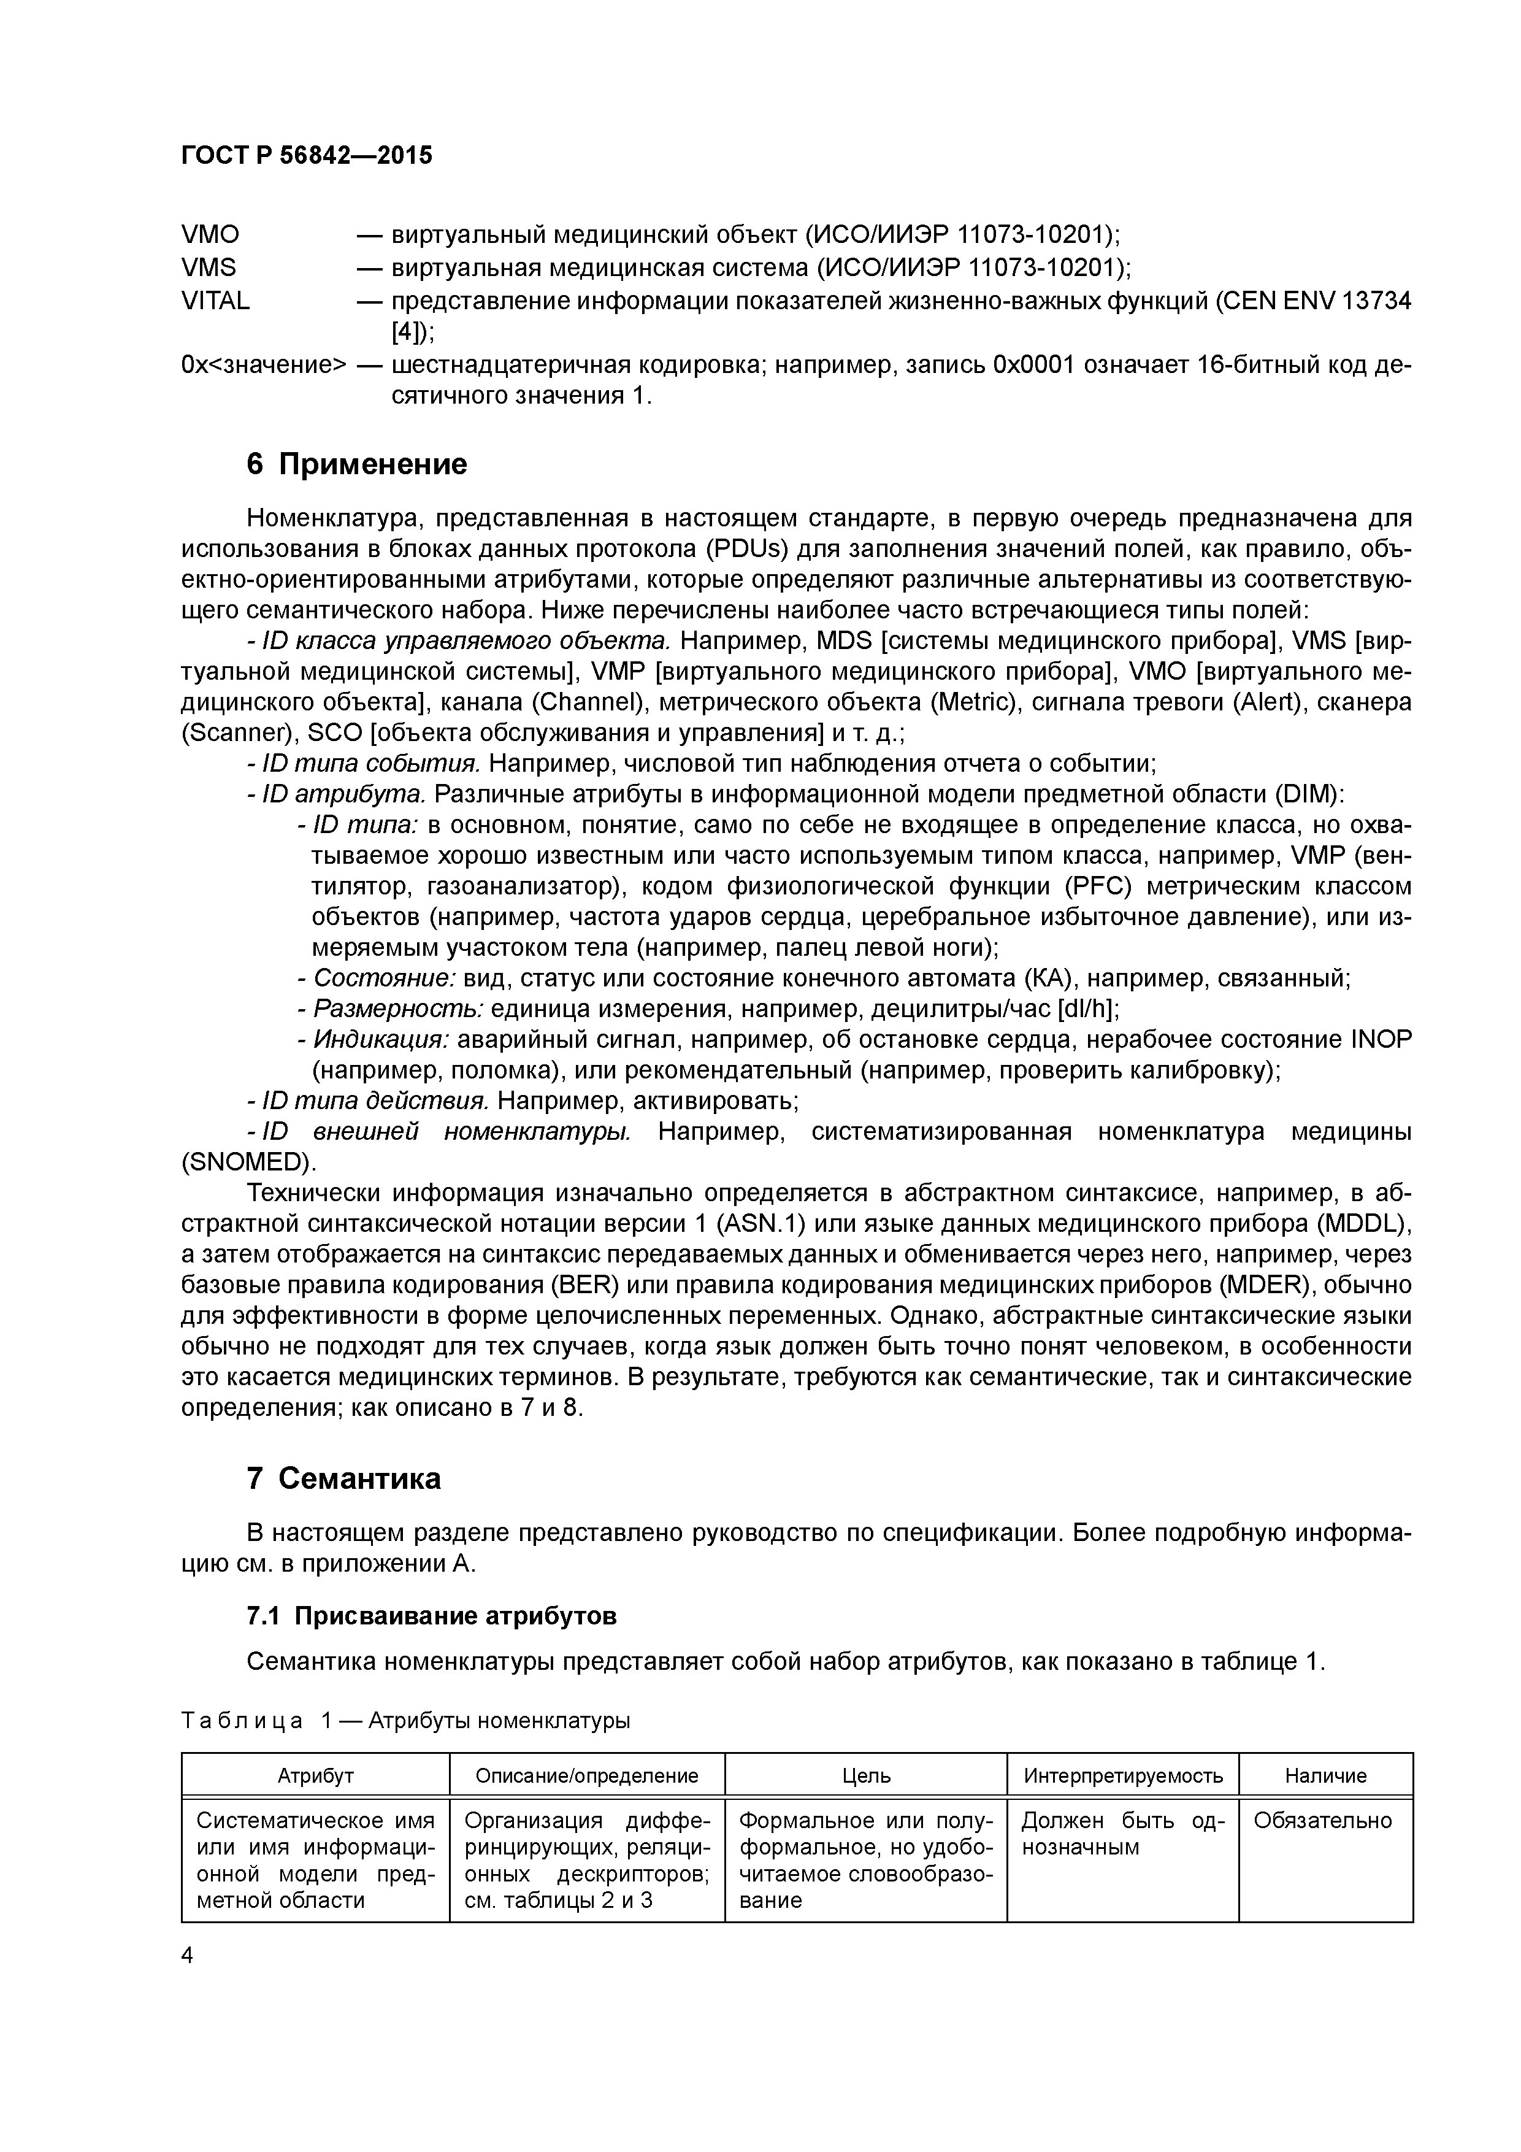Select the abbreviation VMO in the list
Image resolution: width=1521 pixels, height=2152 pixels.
click(210, 233)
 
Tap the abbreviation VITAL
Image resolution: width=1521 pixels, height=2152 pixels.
click(215, 301)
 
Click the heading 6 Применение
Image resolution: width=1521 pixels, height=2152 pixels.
click(356, 464)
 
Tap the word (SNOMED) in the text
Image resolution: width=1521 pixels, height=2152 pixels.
click(248, 1162)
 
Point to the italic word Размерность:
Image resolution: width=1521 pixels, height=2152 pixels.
click(398, 1009)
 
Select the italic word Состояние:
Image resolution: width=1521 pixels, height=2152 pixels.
click(384, 978)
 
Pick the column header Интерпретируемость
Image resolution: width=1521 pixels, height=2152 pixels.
click(1123, 1775)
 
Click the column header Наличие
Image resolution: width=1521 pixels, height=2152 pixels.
click(1325, 1775)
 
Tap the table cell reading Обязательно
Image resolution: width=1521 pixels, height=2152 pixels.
click(1322, 1820)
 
